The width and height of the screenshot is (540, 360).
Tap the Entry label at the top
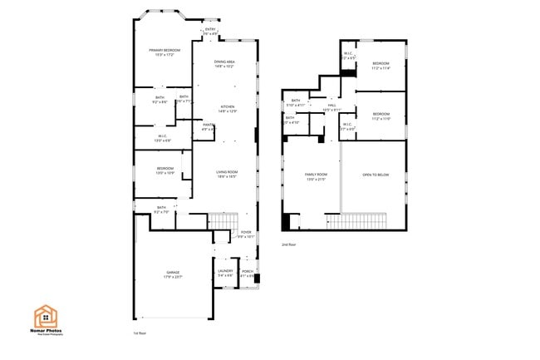210,30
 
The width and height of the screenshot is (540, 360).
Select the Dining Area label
224,62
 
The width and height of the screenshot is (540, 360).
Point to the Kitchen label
227,106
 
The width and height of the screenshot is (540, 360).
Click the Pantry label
208,126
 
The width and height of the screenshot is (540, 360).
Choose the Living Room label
228,173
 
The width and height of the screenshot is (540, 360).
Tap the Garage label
173,273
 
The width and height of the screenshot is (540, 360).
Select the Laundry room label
224,271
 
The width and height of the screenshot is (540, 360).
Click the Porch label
247,271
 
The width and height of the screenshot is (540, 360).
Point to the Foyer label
246,233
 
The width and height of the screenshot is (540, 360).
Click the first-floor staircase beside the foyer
220,221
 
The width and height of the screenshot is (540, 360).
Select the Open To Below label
376,175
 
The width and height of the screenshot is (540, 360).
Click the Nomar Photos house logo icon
45,315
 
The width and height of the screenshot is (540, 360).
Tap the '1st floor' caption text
140,333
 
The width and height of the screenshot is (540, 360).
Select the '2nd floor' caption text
288,245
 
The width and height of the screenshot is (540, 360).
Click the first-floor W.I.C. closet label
163,137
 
